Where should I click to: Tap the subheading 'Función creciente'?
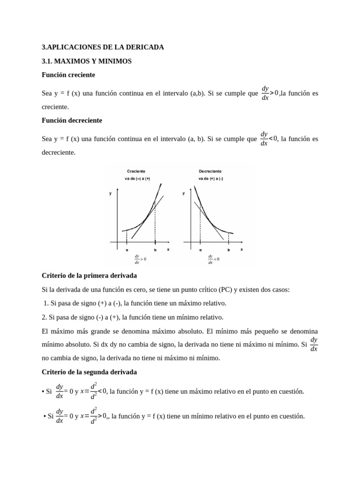click(68, 75)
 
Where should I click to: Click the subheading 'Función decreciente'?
click(72, 120)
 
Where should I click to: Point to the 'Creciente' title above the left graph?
click(136, 171)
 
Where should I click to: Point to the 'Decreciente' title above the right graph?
click(210, 171)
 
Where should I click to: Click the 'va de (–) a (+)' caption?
click(137, 179)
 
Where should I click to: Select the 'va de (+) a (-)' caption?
click(210, 179)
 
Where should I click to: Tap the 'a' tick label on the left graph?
click(127, 250)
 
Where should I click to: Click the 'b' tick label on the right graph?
click(229, 250)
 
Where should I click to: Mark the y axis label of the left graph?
click(111, 193)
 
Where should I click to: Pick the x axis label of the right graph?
click(242, 249)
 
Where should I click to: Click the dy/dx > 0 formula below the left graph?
click(140, 259)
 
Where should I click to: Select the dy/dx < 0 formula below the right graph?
click(213, 259)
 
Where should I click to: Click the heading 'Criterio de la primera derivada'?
click(89, 275)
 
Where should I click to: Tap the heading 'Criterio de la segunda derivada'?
click(89, 372)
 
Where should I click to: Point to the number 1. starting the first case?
click(45, 303)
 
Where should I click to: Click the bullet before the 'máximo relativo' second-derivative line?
click(43, 392)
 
